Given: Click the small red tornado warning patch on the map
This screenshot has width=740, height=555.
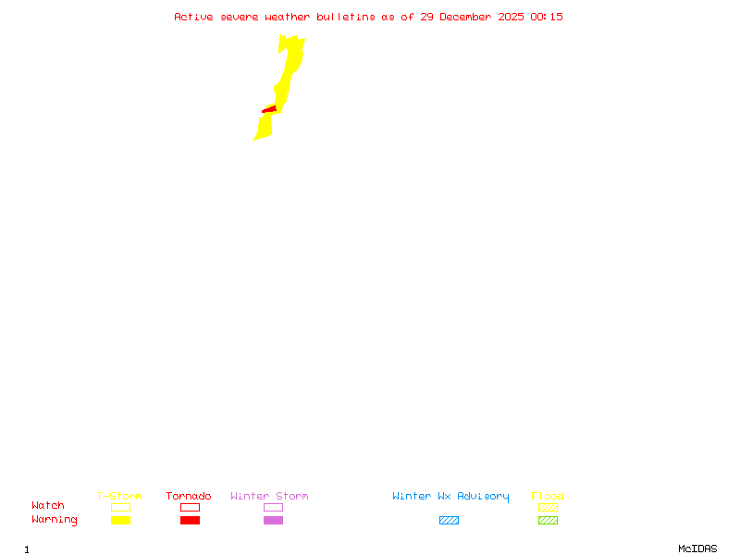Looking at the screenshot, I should click(269, 110).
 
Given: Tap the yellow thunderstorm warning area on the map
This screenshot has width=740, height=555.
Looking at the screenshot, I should click(292, 65).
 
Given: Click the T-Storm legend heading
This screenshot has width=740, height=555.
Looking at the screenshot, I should click(119, 497).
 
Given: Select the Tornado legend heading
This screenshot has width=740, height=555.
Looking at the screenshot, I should click(189, 497).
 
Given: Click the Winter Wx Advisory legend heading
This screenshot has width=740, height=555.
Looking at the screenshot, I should click(450, 497).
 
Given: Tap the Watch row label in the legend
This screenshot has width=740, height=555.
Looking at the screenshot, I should click(48, 506).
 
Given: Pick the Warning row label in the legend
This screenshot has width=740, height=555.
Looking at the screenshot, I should click(55, 520).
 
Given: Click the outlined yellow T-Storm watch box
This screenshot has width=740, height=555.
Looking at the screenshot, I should click(120, 507).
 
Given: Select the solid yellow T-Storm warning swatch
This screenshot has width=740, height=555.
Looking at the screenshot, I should click(120, 521).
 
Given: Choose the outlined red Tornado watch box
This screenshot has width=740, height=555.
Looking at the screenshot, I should click(190, 507).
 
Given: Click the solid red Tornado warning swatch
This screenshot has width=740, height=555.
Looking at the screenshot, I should click(190, 521).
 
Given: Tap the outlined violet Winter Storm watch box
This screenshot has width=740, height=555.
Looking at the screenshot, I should click(273, 507).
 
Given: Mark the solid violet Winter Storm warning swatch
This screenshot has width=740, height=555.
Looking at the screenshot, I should click(273, 521).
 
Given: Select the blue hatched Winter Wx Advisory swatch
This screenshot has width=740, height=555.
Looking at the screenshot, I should click(449, 521).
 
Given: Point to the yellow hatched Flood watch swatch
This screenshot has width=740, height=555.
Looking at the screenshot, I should click(548, 507).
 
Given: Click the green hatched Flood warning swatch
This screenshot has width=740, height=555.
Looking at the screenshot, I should click(548, 521).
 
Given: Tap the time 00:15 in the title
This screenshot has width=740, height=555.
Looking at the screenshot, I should click(547, 17).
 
